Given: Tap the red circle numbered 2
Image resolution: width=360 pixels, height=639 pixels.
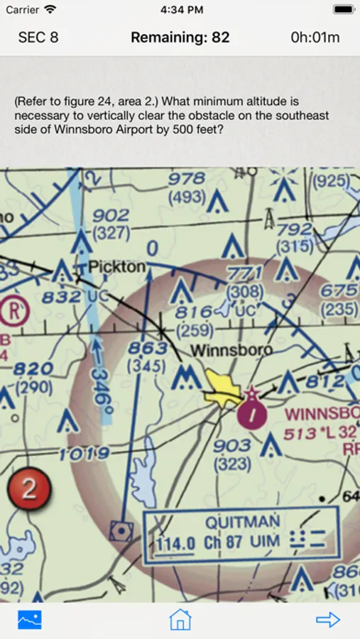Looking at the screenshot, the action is point(28,489).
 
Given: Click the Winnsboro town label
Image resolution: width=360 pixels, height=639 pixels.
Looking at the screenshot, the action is point(231,350).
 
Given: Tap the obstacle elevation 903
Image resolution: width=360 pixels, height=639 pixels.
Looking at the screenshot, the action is point(232,445).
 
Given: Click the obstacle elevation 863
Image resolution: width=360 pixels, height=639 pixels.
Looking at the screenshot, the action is point(148,349).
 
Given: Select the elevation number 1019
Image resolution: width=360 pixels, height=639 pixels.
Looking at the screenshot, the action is point(85,454).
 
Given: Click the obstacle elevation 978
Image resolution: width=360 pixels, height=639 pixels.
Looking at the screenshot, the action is point(187,179).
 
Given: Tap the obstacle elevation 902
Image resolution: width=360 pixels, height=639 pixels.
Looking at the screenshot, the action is point(111,215).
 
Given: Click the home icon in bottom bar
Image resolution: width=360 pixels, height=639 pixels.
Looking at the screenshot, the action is point(180,619).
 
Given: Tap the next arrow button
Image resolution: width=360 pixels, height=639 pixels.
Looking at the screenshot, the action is point(328,619).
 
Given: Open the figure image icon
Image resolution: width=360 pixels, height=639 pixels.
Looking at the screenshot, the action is point(30,619).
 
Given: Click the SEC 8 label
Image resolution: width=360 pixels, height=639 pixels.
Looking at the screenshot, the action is point(38,38).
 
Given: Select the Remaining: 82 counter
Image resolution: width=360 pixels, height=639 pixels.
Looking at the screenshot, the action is point(180,38).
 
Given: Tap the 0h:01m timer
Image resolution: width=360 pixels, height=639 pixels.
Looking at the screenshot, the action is point(315,38).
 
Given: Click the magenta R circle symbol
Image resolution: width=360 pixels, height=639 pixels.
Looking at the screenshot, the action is point(12,310).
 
